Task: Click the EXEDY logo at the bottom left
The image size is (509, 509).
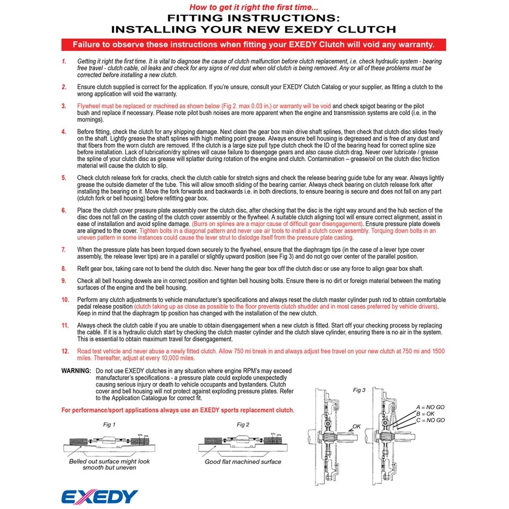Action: tap(100, 496)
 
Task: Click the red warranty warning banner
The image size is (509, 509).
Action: tap(253, 44)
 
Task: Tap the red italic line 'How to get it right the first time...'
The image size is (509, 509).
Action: tap(254, 7)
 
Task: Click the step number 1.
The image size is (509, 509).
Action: tap(64, 62)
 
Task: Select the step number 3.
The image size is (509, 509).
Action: tap(64, 106)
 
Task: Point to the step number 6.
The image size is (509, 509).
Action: tap(64, 210)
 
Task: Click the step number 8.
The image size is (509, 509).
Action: tap(64, 269)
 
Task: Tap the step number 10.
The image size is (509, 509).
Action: tap(65, 300)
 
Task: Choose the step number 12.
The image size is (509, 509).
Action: tap(65, 351)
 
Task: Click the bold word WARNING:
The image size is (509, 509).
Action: tap(76, 371)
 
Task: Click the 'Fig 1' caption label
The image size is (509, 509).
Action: tap(109, 424)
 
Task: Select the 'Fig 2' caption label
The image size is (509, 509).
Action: tap(243, 424)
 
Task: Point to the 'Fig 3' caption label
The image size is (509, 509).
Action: tap(359, 390)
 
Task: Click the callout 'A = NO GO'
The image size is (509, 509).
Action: tap(431, 407)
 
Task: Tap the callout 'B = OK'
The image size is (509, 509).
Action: tap(426, 414)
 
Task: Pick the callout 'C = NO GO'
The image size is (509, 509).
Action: tap(431, 420)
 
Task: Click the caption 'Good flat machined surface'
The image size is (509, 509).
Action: tap(243, 461)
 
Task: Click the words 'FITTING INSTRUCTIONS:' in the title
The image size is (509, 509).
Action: tap(253, 17)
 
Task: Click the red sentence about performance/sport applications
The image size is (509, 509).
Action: tap(178, 410)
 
